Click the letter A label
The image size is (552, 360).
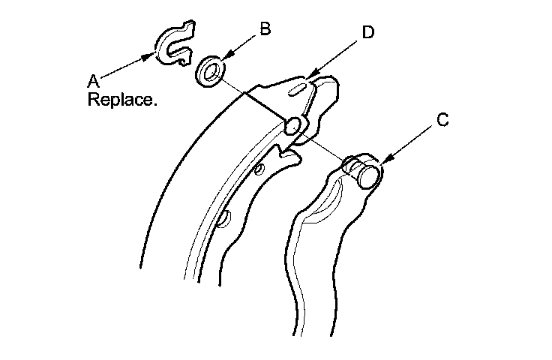pos(94,79)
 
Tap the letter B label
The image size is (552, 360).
pos(264,29)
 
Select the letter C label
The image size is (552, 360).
pos(443,120)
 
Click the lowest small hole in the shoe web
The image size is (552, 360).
pos(222,219)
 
